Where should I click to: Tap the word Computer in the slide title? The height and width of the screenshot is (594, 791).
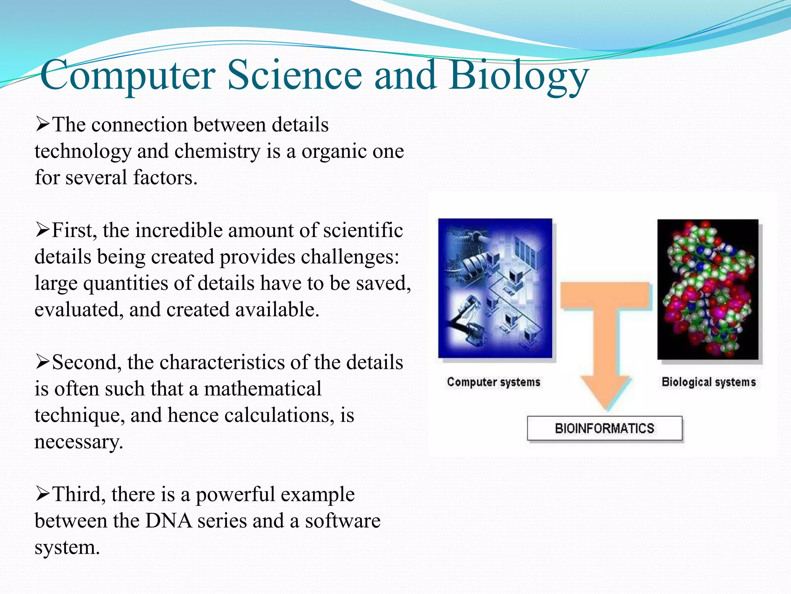[127, 75]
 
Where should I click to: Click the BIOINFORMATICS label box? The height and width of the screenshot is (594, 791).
[604, 428]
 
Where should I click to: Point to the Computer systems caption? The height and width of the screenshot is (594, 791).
[493, 382]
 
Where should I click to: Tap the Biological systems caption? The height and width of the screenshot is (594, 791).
[708, 382]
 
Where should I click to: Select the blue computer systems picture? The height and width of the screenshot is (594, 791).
[495, 288]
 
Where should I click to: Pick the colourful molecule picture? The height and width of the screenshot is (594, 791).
[708, 289]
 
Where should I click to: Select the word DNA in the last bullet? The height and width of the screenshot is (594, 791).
[168, 521]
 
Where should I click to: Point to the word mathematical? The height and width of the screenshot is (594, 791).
[262, 389]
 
